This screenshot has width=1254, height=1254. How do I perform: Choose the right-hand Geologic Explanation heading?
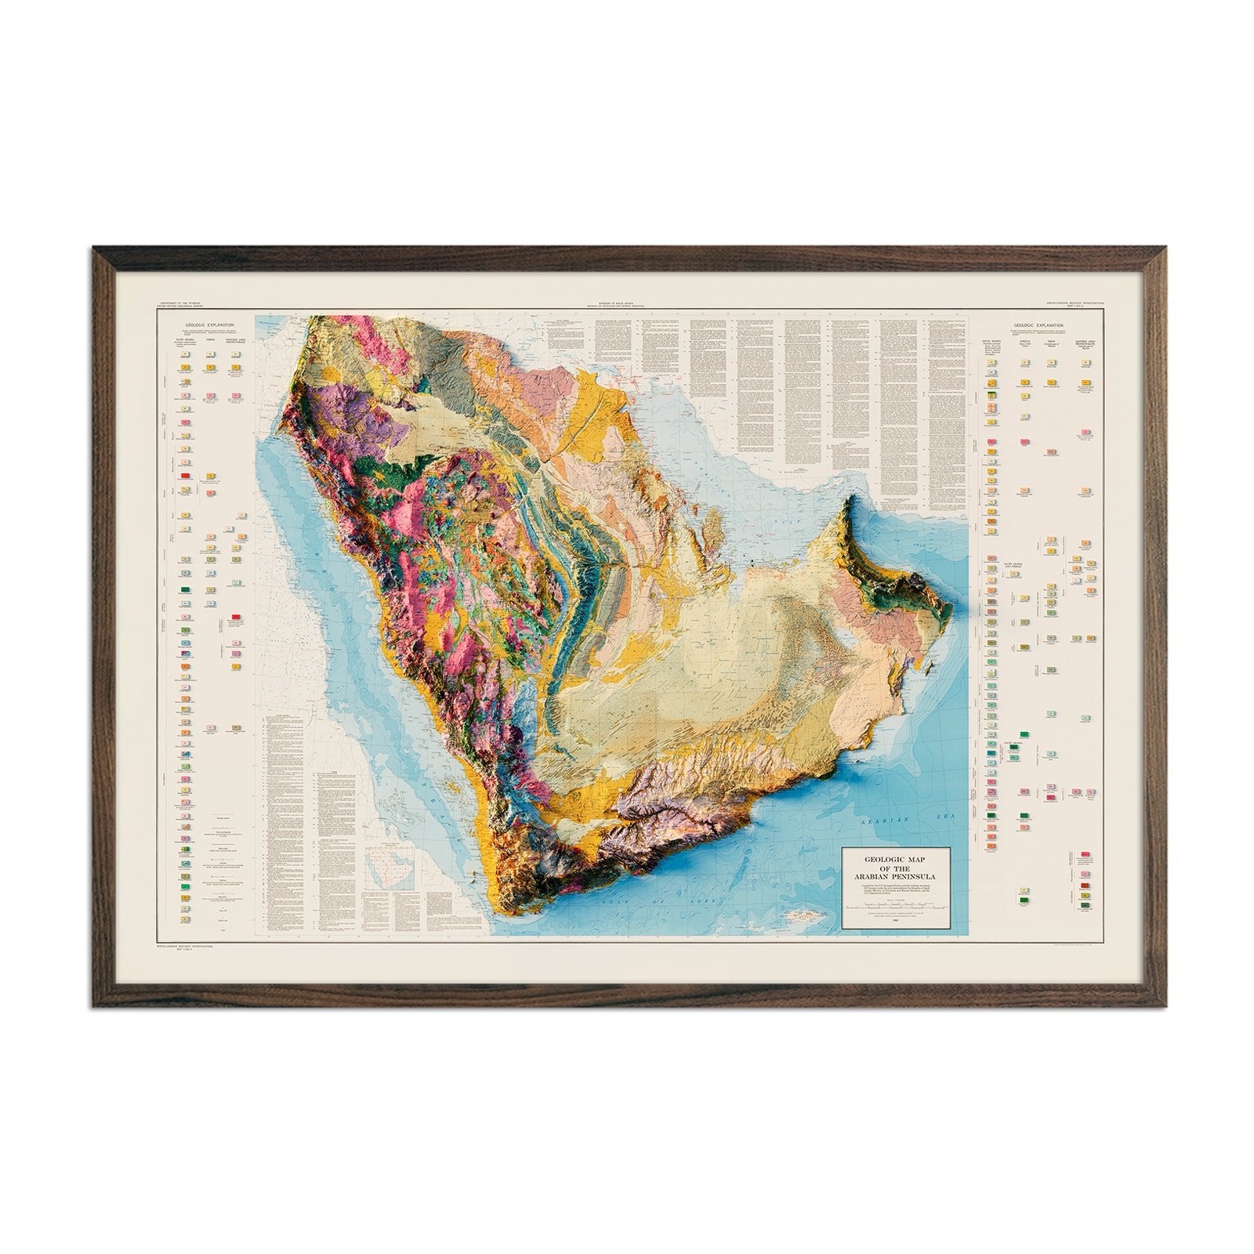[x=1038, y=324]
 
